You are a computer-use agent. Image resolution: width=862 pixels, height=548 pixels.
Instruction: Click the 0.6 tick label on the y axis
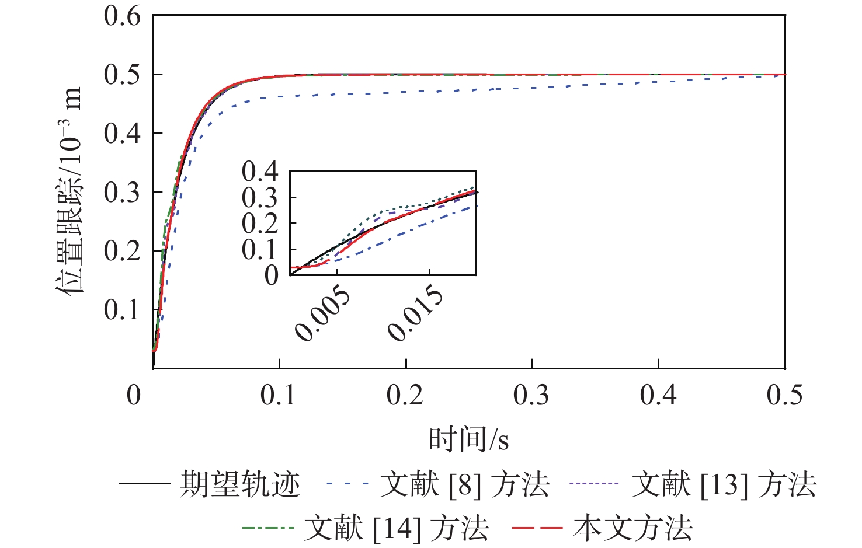pos(122,16)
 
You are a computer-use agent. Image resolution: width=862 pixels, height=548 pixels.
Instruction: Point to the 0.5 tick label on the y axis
pos(122,75)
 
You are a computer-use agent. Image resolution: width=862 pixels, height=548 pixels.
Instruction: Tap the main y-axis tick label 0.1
pos(122,310)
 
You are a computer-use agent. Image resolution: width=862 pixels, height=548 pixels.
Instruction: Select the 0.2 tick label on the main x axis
pos(405,395)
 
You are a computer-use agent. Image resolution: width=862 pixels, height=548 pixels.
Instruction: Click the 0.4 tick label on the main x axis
pos(658,395)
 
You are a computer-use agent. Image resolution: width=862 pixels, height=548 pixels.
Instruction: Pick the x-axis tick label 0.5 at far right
pos(784,395)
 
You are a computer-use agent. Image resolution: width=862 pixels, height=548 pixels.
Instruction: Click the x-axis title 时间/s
pos(469,439)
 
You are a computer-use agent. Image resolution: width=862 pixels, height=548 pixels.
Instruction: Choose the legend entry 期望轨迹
pos(240,484)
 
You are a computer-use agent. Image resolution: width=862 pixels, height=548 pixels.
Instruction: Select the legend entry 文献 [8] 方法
pos(464,484)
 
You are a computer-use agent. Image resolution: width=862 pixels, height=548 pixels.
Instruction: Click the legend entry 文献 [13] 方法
pos(724,484)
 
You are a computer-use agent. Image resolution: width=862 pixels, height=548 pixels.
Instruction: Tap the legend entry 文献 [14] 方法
pos(396,528)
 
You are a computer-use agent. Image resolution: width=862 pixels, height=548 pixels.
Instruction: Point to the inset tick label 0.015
pos(416,313)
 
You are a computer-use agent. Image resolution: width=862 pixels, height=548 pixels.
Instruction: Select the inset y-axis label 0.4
pos(260,172)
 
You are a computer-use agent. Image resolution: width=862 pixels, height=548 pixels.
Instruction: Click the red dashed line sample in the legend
pos(537,528)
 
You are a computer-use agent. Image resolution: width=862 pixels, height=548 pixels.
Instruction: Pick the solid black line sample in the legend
pos(144,484)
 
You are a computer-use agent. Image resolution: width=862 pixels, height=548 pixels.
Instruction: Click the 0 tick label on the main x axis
pos(134,395)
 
